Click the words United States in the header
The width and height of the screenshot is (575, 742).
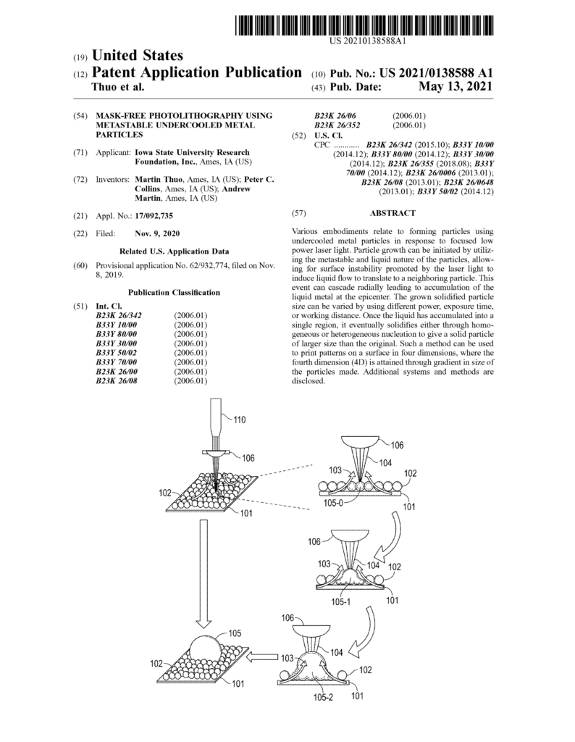(135, 56)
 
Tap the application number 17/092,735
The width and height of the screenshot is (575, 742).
(154, 215)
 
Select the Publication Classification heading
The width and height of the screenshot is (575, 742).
(174, 292)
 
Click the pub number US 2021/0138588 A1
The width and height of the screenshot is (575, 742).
(432, 74)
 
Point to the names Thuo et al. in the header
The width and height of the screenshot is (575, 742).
(119, 87)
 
